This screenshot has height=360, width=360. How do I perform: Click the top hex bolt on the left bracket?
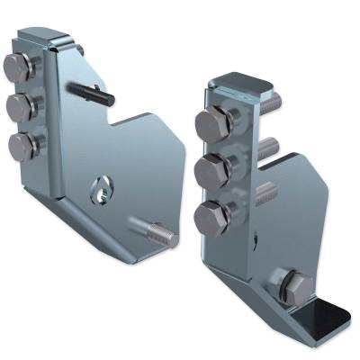(18, 67)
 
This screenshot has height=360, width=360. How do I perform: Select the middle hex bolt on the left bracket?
(20, 107)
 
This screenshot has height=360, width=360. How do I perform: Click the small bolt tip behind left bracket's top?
(80, 49)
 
